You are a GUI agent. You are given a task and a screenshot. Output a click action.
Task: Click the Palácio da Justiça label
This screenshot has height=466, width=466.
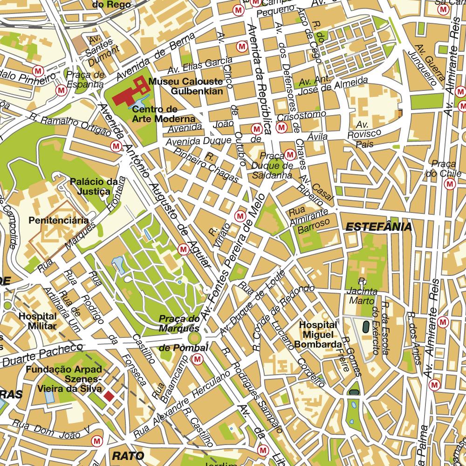point(90,187)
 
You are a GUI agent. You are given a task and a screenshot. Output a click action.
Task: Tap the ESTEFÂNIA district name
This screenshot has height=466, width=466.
point(378,227)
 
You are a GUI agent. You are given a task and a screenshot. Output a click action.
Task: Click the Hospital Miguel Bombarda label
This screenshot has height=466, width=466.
point(318,335)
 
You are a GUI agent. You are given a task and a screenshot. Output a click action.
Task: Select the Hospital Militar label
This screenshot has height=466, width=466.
point(38,321)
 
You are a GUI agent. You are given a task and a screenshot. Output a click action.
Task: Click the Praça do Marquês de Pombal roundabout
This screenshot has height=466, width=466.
point(195,337)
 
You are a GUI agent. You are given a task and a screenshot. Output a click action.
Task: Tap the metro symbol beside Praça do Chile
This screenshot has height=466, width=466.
point(450,184)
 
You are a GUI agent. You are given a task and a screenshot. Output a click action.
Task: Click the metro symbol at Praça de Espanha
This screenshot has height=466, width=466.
point(61,89)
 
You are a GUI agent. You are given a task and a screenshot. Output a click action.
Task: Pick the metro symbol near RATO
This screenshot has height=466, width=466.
point(97,440)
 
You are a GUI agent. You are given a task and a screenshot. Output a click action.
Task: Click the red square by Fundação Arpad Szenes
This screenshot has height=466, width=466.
point(109,396)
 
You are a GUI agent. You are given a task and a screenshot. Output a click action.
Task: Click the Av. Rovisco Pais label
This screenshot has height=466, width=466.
point(366,135)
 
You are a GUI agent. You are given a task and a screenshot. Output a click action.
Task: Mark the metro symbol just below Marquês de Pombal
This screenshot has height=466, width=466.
point(198,359)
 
